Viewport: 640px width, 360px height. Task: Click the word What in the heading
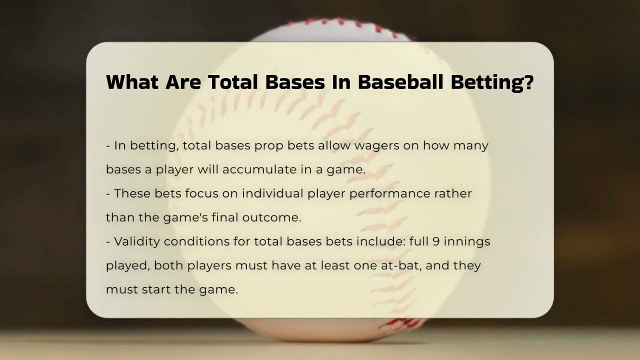pyautogui.click(x=132, y=82)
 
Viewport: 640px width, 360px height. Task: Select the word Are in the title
pyautogui.click(x=183, y=82)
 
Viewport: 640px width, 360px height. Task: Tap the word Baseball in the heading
pyautogui.click(x=400, y=82)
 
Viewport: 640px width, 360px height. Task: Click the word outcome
pyautogui.click(x=271, y=217)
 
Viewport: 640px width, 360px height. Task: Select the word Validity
pyautogui.click(x=137, y=242)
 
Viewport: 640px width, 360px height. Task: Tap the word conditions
pyautogui.click(x=197, y=241)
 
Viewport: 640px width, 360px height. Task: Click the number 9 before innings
pyautogui.click(x=436, y=241)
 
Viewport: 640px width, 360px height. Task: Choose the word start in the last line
pyautogui.click(x=156, y=289)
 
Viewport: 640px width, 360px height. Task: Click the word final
pyautogui.click(x=225, y=217)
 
